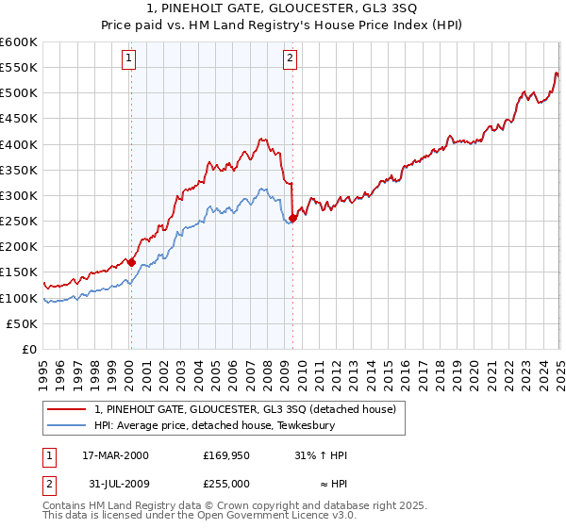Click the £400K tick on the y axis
pyautogui.click(x=19, y=144)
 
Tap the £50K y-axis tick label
pyautogui.click(x=22, y=323)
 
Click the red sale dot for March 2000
pyautogui.click(x=132, y=262)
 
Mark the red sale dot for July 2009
pyautogui.click(x=292, y=218)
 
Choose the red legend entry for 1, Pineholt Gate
pyautogui.click(x=250, y=408)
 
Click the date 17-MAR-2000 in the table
pyautogui.click(x=115, y=454)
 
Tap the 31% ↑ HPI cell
pyautogui.click(x=321, y=454)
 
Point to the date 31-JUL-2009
pyautogui.click(x=115, y=483)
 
